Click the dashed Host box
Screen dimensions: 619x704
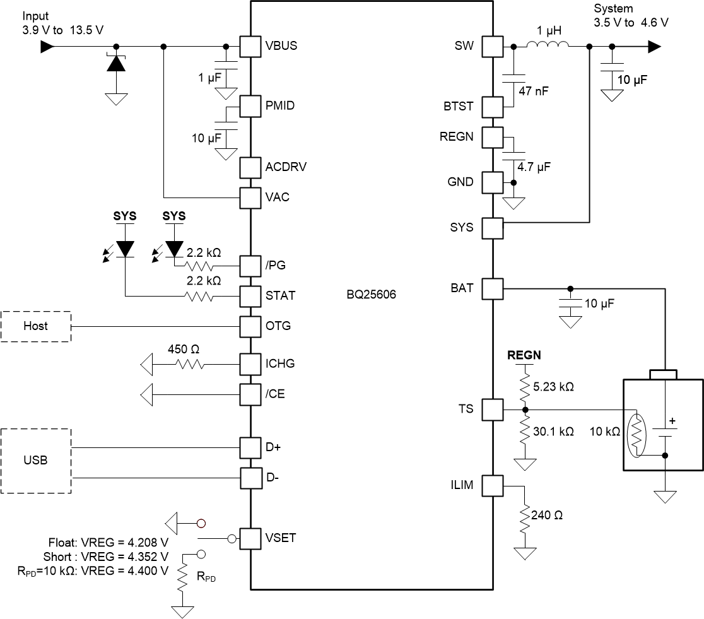[36, 326]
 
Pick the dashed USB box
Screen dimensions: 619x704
[36, 461]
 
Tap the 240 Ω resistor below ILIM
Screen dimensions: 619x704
[524, 515]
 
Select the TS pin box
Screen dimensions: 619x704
[493, 410]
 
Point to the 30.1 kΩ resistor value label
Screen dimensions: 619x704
[553, 432]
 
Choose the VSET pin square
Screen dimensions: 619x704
[250, 538]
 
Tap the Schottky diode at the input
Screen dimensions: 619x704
[116, 64]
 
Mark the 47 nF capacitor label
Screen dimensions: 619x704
[533, 91]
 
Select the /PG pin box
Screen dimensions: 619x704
[250, 265]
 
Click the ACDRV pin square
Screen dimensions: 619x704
[250, 167]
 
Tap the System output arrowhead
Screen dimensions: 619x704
[654, 47]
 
